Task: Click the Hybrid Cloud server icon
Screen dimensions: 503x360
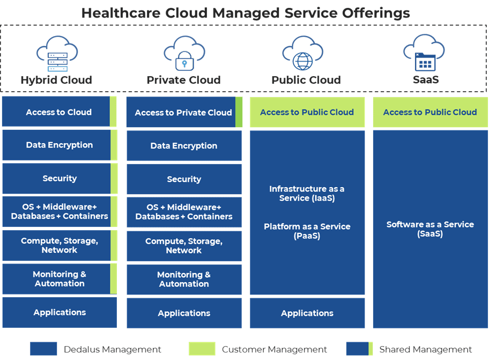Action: pos(57,62)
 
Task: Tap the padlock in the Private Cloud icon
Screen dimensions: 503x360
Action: pos(184,61)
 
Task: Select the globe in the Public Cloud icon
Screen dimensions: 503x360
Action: pos(302,61)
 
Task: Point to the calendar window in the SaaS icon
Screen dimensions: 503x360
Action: pos(425,62)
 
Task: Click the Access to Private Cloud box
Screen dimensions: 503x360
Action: pos(184,112)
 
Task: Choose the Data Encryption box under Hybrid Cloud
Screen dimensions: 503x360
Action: pos(60,145)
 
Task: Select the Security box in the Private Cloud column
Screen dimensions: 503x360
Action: pos(184,179)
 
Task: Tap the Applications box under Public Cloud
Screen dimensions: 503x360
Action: pos(307,313)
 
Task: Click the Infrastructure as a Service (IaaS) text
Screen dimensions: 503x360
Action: pos(307,194)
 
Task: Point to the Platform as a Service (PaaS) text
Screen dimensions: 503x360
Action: pos(307,231)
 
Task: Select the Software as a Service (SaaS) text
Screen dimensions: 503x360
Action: pos(430,229)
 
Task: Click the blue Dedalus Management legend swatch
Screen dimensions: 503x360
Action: pos(43,349)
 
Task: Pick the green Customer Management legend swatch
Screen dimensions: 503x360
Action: pos(202,349)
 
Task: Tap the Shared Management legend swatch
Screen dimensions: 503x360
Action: pos(359,349)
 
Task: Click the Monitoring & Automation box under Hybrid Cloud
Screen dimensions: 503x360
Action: pos(60,279)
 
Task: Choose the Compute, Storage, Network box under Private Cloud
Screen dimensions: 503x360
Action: pos(184,246)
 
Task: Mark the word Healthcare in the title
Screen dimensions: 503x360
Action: pos(121,13)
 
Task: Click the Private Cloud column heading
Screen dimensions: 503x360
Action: pos(183,80)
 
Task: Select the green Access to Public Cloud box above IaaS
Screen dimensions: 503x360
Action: pos(307,112)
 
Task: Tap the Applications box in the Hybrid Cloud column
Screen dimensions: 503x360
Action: pos(60,312)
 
